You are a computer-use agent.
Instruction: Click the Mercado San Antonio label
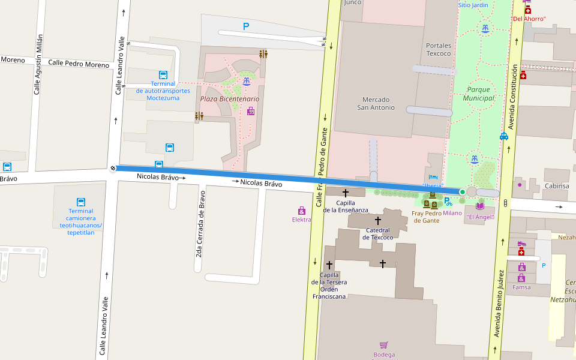click(x=376, y=103)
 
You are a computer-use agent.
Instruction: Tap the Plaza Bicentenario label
click(x=230, y=98)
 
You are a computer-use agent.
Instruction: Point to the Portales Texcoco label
click(x=438, y=49)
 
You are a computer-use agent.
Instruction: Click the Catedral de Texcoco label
click(x=377, y=233)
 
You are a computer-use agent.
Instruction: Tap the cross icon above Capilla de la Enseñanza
click(x=345, y=193)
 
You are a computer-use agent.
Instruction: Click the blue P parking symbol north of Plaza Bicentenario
click(x=245, y=26)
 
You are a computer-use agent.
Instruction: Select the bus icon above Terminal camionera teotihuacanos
click(x=81, y=202)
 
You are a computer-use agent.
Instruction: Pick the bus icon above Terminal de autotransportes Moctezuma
click(x=163, y=75)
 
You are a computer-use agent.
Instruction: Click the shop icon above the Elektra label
click(x=302, y=211)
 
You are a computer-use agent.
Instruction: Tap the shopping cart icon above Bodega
click(x=383, y=345)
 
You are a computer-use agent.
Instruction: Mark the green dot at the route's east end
click(x=462, y=192)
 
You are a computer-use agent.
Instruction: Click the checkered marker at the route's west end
click(x=113, y=168)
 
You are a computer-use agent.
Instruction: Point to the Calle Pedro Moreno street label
click(x=79, y=64)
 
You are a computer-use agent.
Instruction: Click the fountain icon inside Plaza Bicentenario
click(x=246, y=82)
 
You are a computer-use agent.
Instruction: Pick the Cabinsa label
click(x=557, y=186)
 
